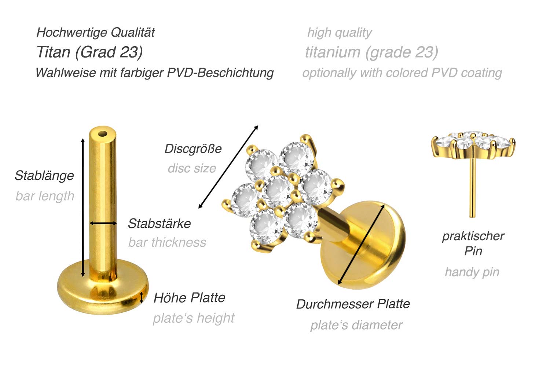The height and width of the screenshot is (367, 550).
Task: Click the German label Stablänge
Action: pyautogui.click(x=44, y=176)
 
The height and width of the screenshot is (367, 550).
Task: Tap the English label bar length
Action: pyautogui.click(x=45, y=196)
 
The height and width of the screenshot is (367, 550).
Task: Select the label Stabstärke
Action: pyautogui.click(x=159, y=223)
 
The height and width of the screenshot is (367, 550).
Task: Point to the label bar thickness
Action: pyautogui.click(x=167, y=242)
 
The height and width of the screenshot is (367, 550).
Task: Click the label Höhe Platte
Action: pyautogui.click(x=189, y=298)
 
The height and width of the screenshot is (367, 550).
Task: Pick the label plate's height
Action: pyautogui.click(x=194, y=318)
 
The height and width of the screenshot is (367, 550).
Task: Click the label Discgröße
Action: pyautogui.click(x=193, y=148)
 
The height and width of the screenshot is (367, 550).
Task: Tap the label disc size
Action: pyautogui.click(x=192, y=168)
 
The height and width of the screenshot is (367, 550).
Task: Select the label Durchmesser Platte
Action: pyautogui.click(x=353, y=304)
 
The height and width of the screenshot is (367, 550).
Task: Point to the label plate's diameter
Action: pyautogui.click(x=356, y=325)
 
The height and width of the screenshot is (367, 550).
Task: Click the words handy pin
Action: pyautogui.click(x=472, y=272)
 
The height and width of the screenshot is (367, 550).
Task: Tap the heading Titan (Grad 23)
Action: pyautogui.click(x=89, y=52)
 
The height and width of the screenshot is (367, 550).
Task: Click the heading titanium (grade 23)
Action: pyautogui.click(x=371, y=52)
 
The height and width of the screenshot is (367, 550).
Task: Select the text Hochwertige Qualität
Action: pyautogui.click(x=95, y=32)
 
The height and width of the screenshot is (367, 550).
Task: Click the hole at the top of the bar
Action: pyautogui.click(x=103, y=134)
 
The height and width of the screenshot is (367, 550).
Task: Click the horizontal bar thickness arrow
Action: pyautogui.click(x=103, y=223)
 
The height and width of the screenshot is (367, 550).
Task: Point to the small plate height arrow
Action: pyautogui.click(x=142, y=298)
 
